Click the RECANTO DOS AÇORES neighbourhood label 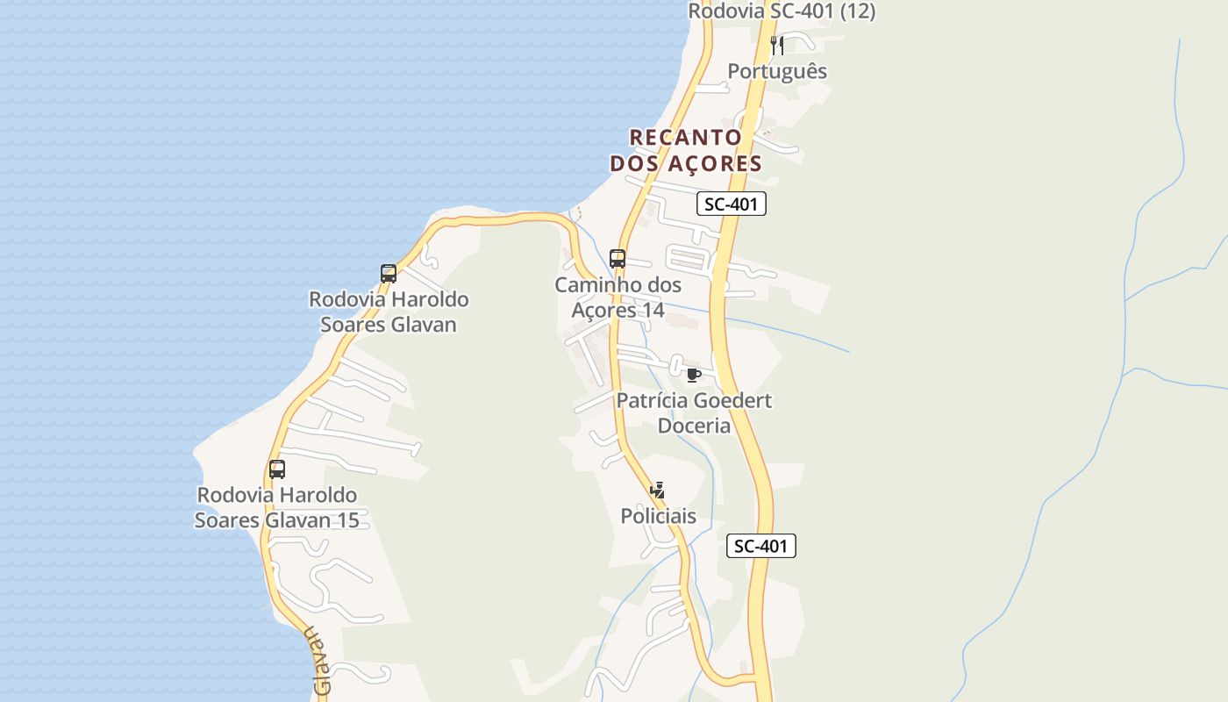(686, 150)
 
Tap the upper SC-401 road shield (732, 204)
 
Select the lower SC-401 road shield (760, 546)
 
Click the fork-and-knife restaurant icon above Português (777, 45)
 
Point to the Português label (777, 71)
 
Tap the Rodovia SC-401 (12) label (781, 11)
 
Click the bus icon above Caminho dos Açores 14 (618, 259)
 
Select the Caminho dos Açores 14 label (618, 297)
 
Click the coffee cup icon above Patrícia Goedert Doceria (694, 375)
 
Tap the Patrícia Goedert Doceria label (694, 412)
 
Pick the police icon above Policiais (658, 491)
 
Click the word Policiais (658, 516)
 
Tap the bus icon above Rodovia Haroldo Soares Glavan (389, 273)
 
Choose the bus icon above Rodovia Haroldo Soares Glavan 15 (277, 469)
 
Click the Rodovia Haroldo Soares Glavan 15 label (277, 508)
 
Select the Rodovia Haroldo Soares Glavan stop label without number (389, 312)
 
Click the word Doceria (694, 426)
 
